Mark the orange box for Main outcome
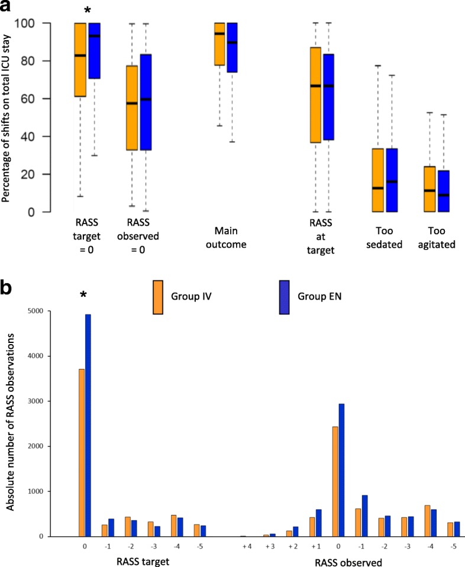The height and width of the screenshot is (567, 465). coord(219,44)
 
